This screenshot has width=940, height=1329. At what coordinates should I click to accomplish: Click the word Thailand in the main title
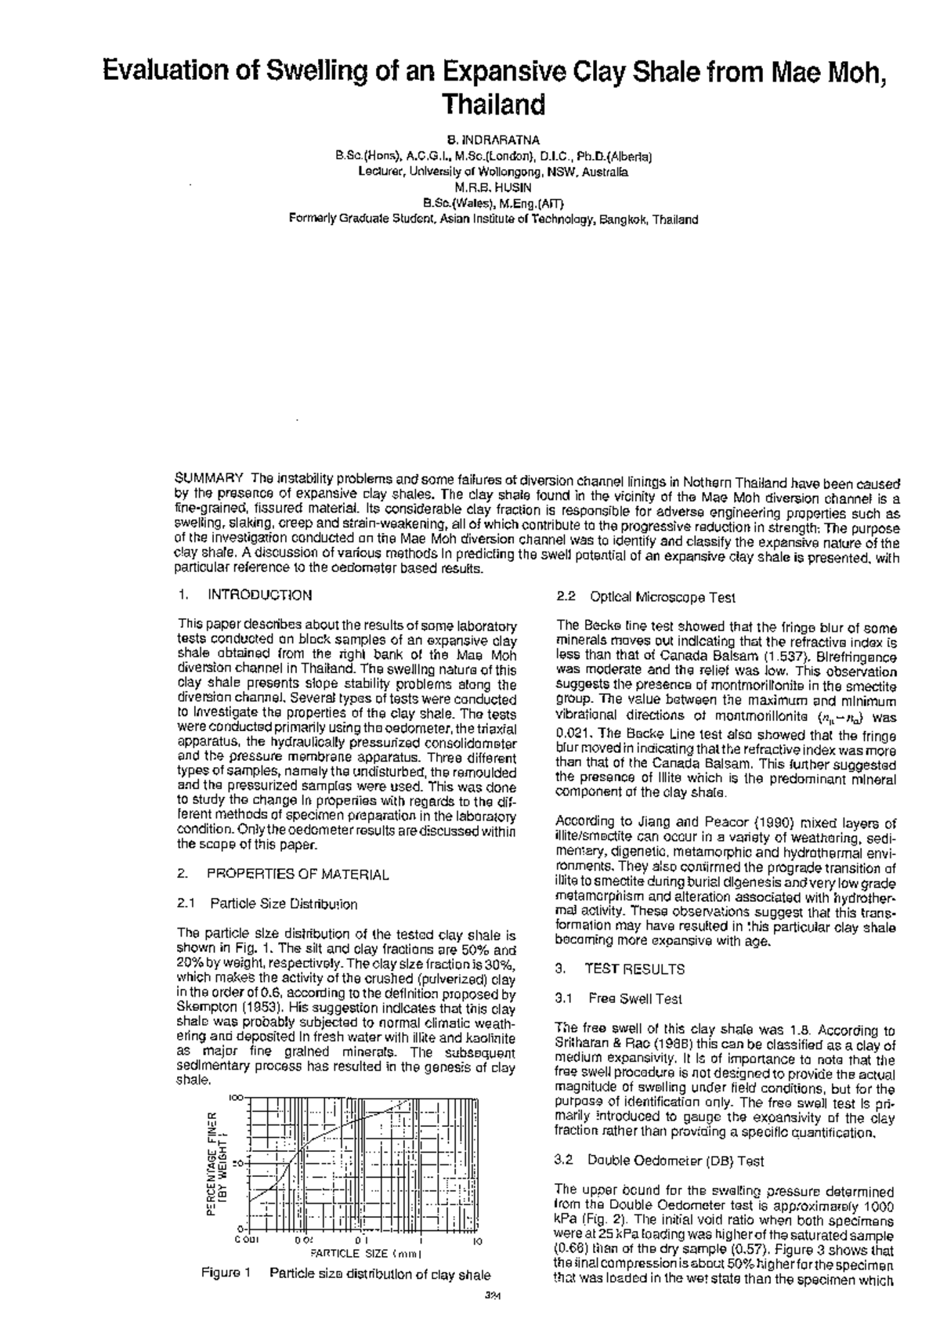click(493, 105)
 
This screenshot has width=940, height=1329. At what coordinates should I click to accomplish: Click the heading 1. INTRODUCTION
click(245, 595)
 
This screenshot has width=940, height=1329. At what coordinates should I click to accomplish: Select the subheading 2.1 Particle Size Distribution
click(268, 904)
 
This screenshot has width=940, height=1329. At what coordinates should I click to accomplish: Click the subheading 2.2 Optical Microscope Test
click(645, 598)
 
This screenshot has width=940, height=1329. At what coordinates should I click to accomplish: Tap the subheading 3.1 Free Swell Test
click(618, 998)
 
